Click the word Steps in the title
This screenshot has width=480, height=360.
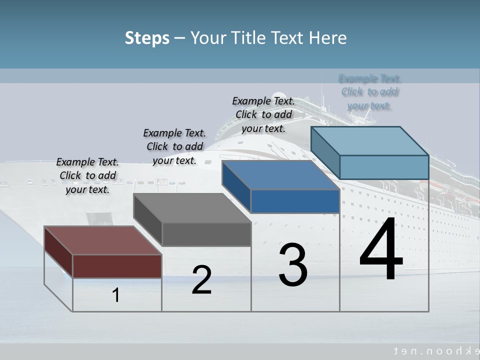[x=147, y=38]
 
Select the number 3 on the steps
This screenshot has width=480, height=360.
[x=293, y=264]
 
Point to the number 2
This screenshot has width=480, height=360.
[x=201, y=280]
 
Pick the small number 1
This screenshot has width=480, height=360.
[x=116, y=295]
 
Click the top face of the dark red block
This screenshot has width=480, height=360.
[x=102, y=240]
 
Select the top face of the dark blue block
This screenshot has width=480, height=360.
[x=280, y=175]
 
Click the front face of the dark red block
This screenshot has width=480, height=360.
[x=117, y=266]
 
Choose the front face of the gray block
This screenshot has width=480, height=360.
[x=206, y=234]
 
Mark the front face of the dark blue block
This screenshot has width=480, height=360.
[x=295, y=201]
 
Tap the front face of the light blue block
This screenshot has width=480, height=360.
[x=384, y=167]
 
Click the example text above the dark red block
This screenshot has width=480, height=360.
[x=87, y=175]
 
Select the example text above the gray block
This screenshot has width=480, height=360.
[x=174, y=146]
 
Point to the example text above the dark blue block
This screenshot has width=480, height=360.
[x=263, y=114]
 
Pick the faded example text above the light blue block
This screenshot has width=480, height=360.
[x=369, y=92]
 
